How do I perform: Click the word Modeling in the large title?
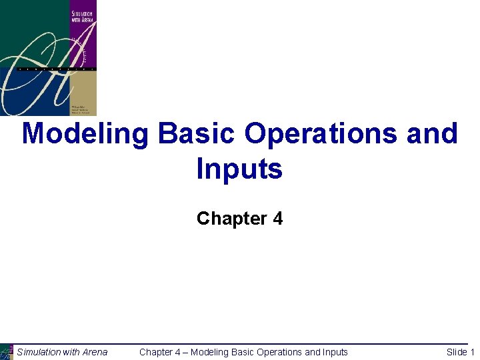pyautogui.click(x=85, y=135)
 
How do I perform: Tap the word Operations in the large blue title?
pyautogui.click(x=323, y=135)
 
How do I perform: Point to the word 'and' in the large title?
pyautogui.click(x=432, y=135)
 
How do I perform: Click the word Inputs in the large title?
pyautogui.click(x=239, y=169)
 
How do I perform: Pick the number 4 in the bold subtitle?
pyautogui.click(x=277, y=219)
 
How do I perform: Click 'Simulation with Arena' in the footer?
pyautogui.click(x=62, y=352)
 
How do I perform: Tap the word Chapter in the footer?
pyautogui.click(x=156, y=352)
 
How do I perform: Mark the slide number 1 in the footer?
pyautogui.click(x=472, y=352)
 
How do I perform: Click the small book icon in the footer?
pyautogui.click(x=7, y=352)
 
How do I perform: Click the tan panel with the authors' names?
pyautogui.click(x=83, y=93)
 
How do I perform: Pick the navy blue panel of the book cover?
pyautogui.click(x=27, y=93)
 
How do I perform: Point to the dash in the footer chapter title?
pyautogui.click(x=185, y=352)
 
